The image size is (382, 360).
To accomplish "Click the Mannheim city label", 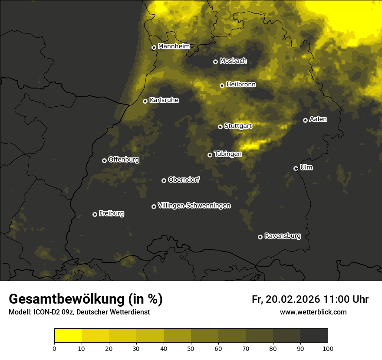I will [x=174, y=46].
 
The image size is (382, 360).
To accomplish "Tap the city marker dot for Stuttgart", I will [x=220, y=127].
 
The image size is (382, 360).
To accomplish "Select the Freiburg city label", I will [x=111, y=213].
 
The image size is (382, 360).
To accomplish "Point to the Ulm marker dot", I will [x=296, y=168].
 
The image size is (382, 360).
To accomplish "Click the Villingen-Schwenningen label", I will [x=194, y=206].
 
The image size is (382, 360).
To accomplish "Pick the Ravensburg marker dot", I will [x=260, y=237].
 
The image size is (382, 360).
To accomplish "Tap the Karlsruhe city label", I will [x=164, y=100].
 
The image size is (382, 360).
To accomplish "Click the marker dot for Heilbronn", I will [x=222, y=85].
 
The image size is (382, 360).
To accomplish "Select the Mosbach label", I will [x=233, y=61].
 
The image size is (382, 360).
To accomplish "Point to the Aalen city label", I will [x=318, y=119].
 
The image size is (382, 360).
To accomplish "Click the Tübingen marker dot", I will [x=210, y=155].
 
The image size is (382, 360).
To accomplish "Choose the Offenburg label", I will [x=124, y=160].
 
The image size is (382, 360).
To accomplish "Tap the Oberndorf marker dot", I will [x=164, y=180].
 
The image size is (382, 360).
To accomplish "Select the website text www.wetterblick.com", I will [x=313, y=312].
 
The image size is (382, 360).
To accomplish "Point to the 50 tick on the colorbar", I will [x=191, y=348].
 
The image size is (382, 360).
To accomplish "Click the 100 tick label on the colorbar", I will [x=328, y=348].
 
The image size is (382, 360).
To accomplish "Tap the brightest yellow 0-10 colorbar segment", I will [x=68, y=336].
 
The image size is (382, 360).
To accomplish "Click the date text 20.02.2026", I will [x=292, y=299].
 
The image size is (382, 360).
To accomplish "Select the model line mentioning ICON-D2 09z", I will [x=79, y=312].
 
